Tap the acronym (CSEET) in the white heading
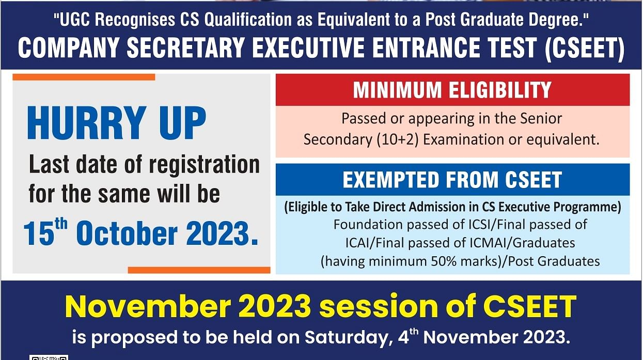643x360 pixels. click(585, 48)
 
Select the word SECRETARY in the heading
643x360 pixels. click(185, 48)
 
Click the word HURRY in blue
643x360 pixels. click(87, 122)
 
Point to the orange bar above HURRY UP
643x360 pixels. click(84, 77)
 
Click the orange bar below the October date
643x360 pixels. click(199, 270)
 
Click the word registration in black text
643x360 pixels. click(204, 165)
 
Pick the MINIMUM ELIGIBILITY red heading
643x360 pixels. click(452, 90)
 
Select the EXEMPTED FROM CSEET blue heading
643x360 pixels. click(452, 180)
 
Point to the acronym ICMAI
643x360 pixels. click(489, 243)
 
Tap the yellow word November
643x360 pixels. click(148, 306)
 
